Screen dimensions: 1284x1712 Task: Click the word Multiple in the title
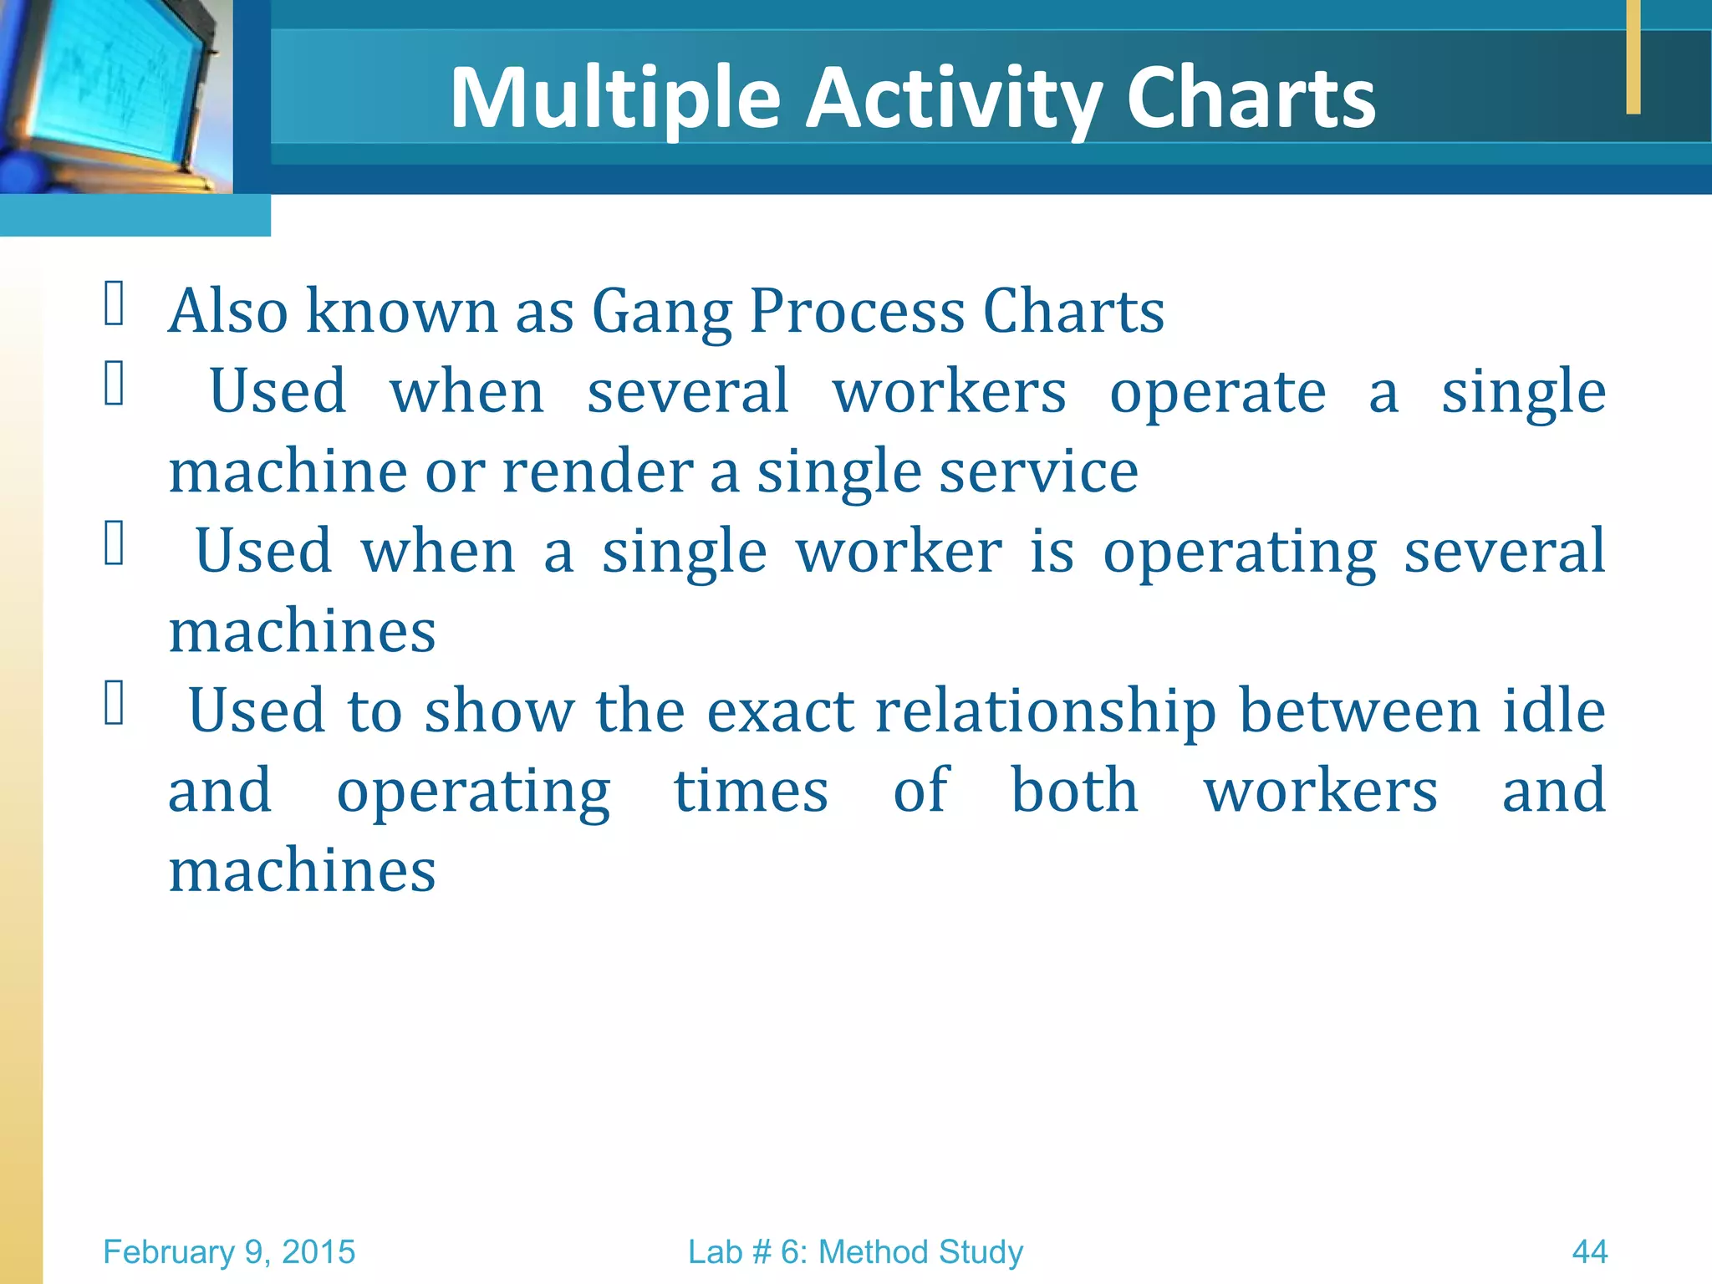(615, 98)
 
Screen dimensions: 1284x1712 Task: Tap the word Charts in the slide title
(1251, 98)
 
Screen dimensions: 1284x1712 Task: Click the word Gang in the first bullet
(661, 312)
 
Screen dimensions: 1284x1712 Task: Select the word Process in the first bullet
(857, 312)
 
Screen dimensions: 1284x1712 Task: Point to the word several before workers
(687, 391)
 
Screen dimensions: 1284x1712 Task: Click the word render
(597, 471)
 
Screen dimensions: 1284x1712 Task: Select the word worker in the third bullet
(899, 552)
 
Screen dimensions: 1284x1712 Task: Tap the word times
(751, 791)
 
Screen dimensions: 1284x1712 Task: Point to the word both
(1074, 790)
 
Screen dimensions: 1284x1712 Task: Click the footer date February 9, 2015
(229, 1252)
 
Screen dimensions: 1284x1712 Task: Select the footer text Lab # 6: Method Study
(855, 1252)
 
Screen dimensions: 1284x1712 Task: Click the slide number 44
(1589, 1252)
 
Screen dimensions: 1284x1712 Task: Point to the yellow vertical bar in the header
(1633, 57)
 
